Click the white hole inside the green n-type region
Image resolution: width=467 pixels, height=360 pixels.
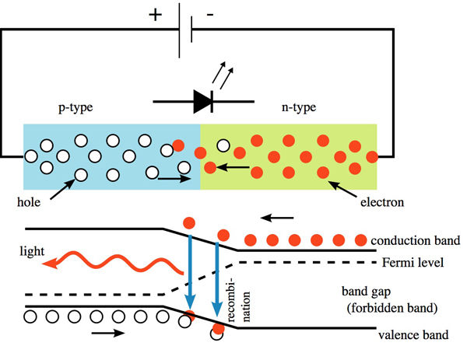224,145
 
